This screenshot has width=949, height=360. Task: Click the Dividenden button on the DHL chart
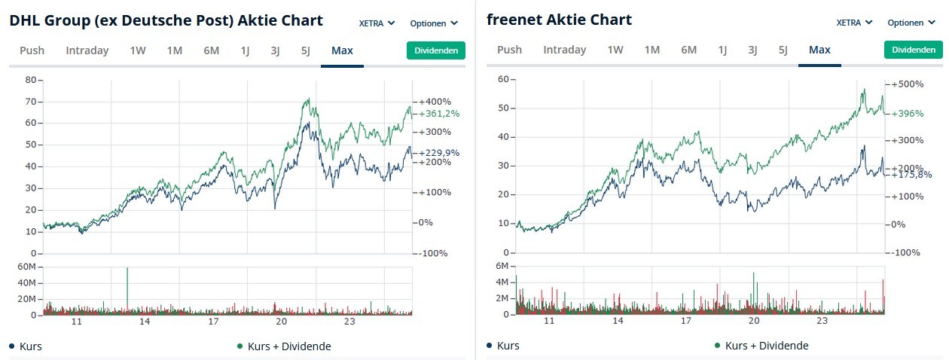pos(436,50)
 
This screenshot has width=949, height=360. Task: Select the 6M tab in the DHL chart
pos(211,50)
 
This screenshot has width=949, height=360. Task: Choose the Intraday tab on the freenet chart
pos(564,50)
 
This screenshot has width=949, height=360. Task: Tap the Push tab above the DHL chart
pos(32,50)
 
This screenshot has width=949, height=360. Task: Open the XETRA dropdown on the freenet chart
pos(854,23)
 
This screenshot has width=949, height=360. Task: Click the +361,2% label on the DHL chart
pos(439,114)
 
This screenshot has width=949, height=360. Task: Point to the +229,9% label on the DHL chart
pos(439,153)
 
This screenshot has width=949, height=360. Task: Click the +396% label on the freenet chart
pos(907,114)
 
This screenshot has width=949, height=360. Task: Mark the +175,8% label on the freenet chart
pos(911,175)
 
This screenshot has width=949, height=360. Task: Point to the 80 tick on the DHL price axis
pos(30,79)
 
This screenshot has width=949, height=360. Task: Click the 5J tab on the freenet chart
pos(783,50)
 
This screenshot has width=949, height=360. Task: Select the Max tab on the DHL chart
pos(342,50)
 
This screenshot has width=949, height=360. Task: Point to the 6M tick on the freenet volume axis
pos(504,266)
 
